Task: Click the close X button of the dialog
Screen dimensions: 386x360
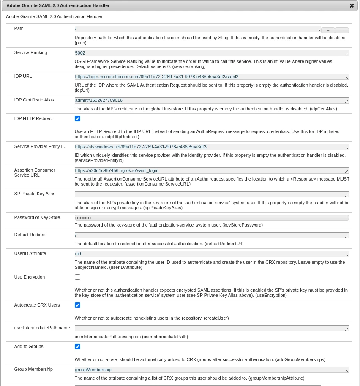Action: [x=352, y=6]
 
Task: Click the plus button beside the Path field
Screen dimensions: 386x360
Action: [x=328, y=30]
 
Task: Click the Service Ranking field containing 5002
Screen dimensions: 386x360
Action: [x=211, y=53]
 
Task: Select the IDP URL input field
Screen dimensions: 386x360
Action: [x=211, y=77]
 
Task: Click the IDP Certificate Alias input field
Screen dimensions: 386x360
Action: [x=211, y=101]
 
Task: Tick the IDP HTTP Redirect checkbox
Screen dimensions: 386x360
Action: [x=77, y=119]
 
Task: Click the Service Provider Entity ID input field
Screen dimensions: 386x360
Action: [x=211, y=147]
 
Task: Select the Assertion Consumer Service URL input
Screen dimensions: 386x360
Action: [x=211, y=171]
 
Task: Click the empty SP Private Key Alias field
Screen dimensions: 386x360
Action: [x=211, y=194]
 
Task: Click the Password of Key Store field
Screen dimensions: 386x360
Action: [x=211, y=218]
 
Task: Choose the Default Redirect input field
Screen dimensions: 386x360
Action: [x=211, y=235]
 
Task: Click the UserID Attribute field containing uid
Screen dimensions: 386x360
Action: [x=211, y=254]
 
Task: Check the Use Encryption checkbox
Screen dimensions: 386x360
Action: [x=77, y=277]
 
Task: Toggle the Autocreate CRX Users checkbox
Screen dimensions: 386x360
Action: [x=77, y=305]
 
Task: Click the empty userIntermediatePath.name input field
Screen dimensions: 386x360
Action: [x=211, y=329]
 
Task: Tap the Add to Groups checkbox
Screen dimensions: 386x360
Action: [x=77, y=347]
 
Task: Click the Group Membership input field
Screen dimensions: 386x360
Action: [x=211, y=370]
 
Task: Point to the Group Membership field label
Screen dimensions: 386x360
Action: [x=33, y=369]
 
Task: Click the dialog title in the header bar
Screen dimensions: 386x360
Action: [x=58, y=5]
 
